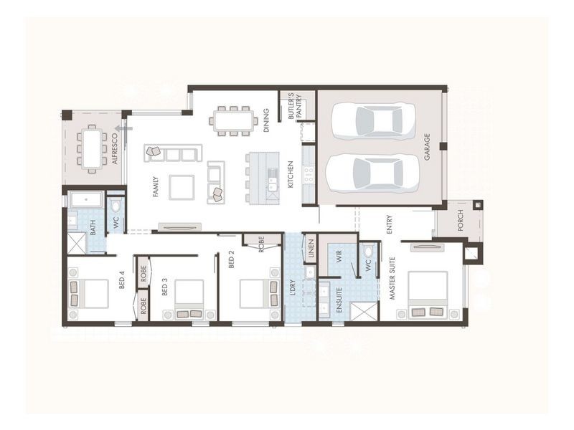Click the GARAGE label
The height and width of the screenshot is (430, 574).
(x=427, y=147)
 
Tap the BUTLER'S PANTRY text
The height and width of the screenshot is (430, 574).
(x=295, y=105)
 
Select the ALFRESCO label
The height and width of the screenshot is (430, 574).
(x=115, y=149)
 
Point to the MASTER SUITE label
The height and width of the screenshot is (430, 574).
(x=392, y=278)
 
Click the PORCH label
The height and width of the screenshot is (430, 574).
(x=461, y=220)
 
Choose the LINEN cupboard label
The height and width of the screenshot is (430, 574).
(x=311, y=249)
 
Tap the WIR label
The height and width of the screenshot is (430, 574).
(x=339, y=253)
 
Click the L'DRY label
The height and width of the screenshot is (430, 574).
(x=293, y=287)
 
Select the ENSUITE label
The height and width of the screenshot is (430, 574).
(x=339, y=300)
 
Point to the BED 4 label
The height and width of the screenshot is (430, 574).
(x=122, y=281)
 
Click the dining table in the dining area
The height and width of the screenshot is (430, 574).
(x=234, y=120)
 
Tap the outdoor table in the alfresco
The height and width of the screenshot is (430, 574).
(x=92, y=148)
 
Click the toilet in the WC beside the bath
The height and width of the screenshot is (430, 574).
(x=116, y=206)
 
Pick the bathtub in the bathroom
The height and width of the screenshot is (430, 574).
(x=86, y=200)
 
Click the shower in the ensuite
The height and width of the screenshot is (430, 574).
(x=363, y=311)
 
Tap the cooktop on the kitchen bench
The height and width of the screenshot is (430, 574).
(x=309, y=174)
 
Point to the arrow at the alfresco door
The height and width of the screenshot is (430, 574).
(x=123, y=128)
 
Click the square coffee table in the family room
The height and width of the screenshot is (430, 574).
(x=182, y=187)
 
